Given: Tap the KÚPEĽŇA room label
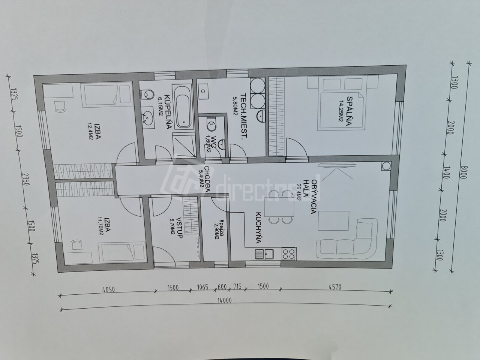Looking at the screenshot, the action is (167, 112).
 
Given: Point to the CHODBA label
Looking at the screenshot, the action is (207, 179).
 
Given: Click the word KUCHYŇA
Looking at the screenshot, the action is (258, 228).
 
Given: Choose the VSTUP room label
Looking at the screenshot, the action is (178, 228).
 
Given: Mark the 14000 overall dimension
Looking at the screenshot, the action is (224, 300).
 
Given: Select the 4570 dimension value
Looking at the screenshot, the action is (335, 287).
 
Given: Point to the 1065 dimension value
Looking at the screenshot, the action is (202, 287).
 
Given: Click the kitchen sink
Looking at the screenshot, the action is (264, 254).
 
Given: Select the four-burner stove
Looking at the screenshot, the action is (289, 254).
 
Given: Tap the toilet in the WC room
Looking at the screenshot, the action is (211, 124).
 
